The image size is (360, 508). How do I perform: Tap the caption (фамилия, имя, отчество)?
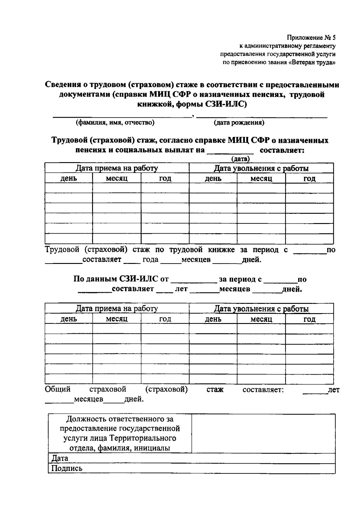[x=115, y=122]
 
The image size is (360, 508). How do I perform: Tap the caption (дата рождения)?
[x=239, y=122]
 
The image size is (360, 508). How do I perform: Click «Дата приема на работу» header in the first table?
[x=116, y=168]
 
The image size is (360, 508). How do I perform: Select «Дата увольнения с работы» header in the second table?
[x=261, y=309]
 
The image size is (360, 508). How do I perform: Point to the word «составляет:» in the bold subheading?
[x=282, y=150]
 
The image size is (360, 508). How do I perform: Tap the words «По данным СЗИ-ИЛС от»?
[x=121, y=279]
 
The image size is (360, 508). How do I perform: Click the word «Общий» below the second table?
[x=58, y=389]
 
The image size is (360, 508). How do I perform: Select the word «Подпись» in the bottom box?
[x=67, y=468]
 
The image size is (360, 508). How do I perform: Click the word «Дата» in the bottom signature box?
[x=60, y=458]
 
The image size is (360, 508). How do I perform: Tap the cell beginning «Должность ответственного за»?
[x=120, y=434]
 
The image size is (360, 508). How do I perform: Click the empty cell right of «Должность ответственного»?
[x=263, y=434]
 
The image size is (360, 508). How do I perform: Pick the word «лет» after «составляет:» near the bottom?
[x=334, y=390]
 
